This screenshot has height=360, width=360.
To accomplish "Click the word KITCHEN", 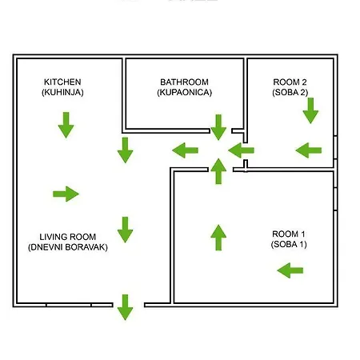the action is point(62,82).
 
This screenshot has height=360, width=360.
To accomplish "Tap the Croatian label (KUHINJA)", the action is point(62,92).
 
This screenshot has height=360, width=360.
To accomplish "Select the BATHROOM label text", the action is point(184,82).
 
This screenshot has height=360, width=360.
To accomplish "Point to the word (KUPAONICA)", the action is point(184,92).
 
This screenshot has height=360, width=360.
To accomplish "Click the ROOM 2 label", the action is point(290,82).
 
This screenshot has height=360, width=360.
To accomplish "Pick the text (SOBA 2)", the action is point(290,92).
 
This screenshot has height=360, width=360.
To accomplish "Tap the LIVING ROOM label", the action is point(68,237).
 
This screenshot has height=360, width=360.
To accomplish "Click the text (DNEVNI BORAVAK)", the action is point(68,247).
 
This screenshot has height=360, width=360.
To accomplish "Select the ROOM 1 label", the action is point(289,234).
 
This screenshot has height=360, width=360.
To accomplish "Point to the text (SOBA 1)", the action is point(289,244).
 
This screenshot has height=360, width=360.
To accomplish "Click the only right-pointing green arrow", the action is point(66,194).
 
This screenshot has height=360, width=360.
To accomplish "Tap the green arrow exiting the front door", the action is point(125,307).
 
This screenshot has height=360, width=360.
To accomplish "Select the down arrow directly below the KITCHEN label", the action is point(66,125).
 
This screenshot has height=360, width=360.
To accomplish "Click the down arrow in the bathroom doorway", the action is point(218,127).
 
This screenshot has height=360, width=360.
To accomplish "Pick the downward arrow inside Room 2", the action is point(310,110).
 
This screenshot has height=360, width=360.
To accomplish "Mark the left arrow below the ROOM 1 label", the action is point(290,270).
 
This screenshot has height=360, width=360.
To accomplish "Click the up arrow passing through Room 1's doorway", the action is point(218,171).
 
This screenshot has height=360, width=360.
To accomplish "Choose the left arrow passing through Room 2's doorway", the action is point(241,150).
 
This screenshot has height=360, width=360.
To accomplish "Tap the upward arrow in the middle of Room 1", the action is point(218,238).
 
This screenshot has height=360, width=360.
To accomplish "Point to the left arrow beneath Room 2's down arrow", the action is point(309,150).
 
